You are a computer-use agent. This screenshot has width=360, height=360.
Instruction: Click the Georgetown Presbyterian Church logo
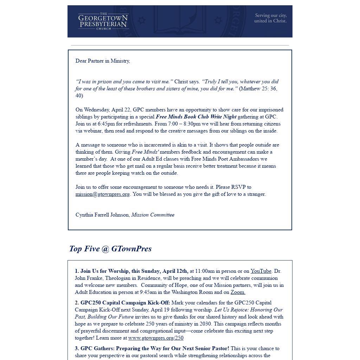[x=103, y=21]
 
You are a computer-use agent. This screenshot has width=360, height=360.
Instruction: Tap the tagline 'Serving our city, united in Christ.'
[x=270, y=18]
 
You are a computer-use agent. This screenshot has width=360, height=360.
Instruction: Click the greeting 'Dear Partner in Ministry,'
[x=103, y=61]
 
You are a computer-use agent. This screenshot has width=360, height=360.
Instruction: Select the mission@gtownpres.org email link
[x=103, y=194]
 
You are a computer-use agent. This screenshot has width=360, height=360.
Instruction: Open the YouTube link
[x=261, y=271]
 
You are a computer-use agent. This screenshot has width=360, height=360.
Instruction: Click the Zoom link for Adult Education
[x=238, y=292]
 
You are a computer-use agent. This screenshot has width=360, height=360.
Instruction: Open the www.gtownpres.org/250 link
[x=156, y=338]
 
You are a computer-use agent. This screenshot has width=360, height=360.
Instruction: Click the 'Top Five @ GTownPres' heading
[x=110, y=249]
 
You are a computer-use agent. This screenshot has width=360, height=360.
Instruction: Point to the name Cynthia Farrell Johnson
[x=102, y=215]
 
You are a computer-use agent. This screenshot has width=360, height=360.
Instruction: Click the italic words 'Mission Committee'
[x=153, y=215]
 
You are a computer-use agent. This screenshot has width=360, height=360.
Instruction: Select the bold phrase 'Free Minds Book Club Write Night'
[x=196, y=117]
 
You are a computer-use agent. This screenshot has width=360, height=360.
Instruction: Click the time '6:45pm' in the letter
[x=106, y=124]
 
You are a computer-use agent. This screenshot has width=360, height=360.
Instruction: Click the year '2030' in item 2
[x=205, y=324]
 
